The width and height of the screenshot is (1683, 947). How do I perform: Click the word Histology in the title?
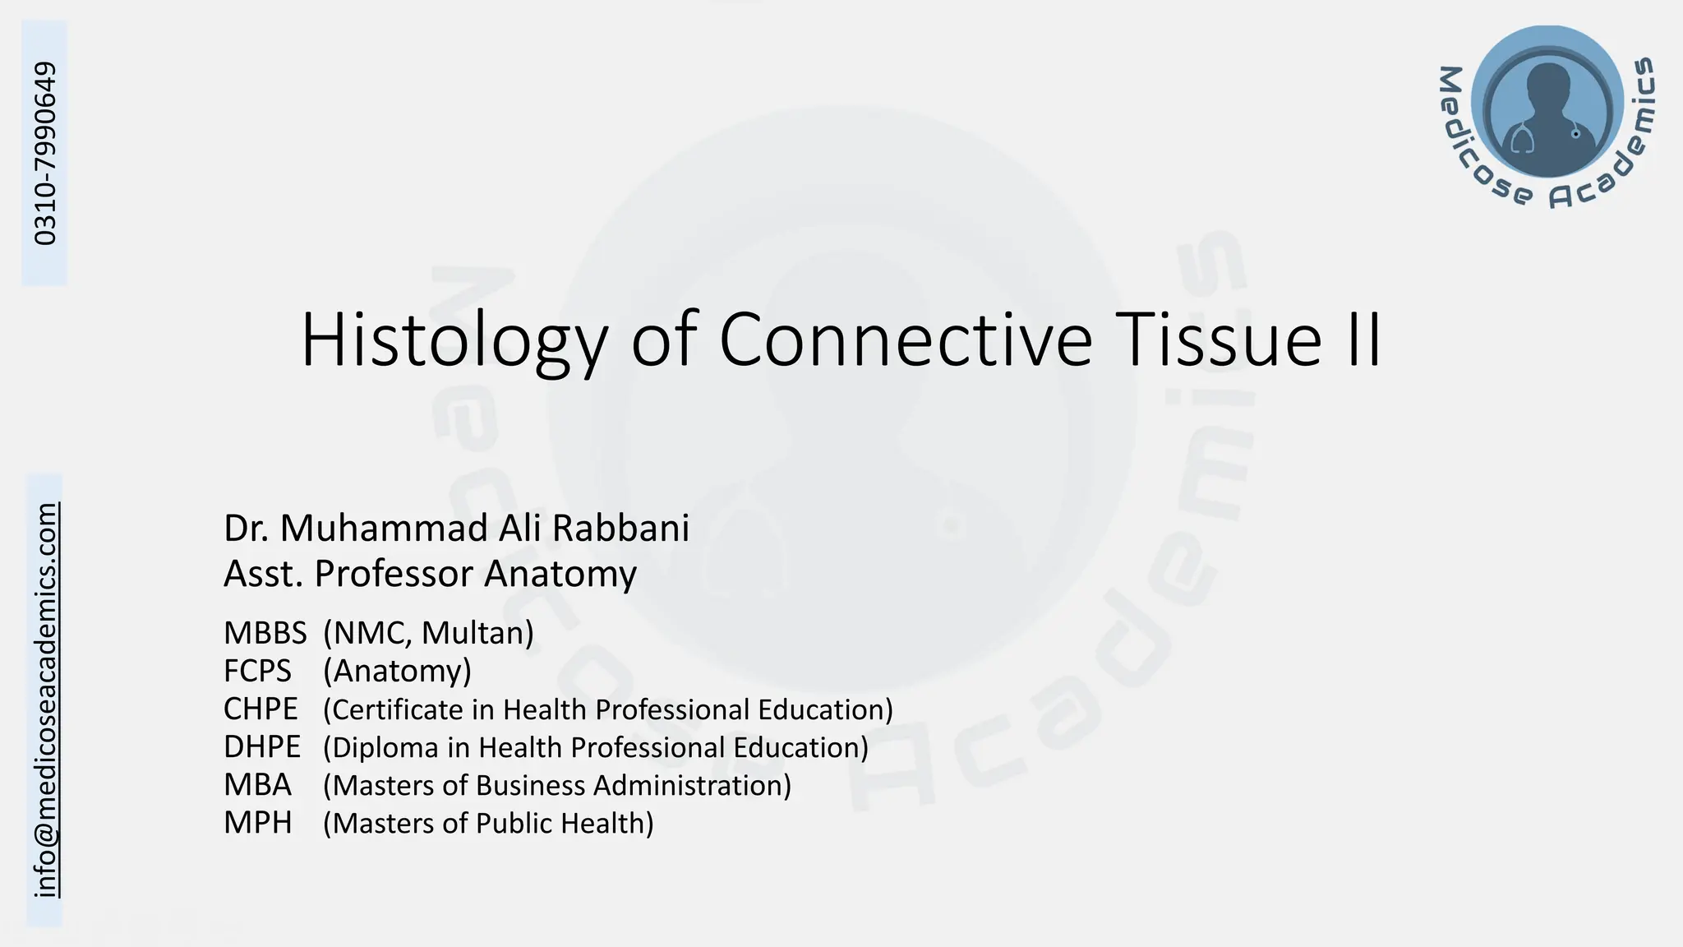(454, 341)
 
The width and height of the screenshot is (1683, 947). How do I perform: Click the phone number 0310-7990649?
(46, 153)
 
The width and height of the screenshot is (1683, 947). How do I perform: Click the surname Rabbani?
(620, 528)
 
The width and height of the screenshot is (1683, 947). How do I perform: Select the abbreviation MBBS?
(265, 633)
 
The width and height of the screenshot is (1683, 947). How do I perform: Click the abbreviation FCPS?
(257, 672)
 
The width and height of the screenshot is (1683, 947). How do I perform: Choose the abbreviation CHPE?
(261, 709)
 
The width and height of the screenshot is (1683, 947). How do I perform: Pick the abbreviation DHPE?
(261, 747)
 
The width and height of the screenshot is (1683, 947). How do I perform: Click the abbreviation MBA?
(257, 785)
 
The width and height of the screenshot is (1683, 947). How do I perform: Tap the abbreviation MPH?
(257, 823)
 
